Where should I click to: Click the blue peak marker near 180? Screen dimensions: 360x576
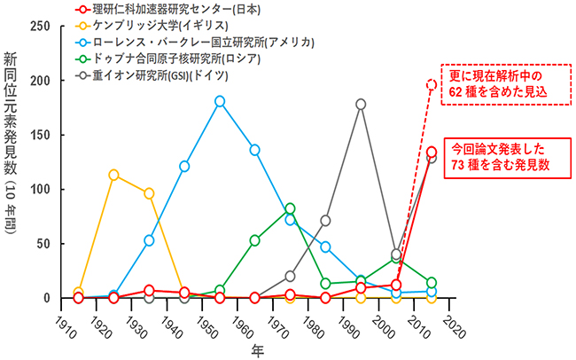[220, 101]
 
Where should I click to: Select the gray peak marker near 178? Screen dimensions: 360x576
[361, 104]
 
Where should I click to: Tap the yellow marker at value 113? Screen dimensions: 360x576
[113, 175]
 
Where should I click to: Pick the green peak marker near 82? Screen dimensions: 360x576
[290, 208]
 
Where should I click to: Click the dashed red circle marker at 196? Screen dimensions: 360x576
[432, 85]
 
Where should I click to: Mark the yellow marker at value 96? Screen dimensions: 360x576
[149, 193]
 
